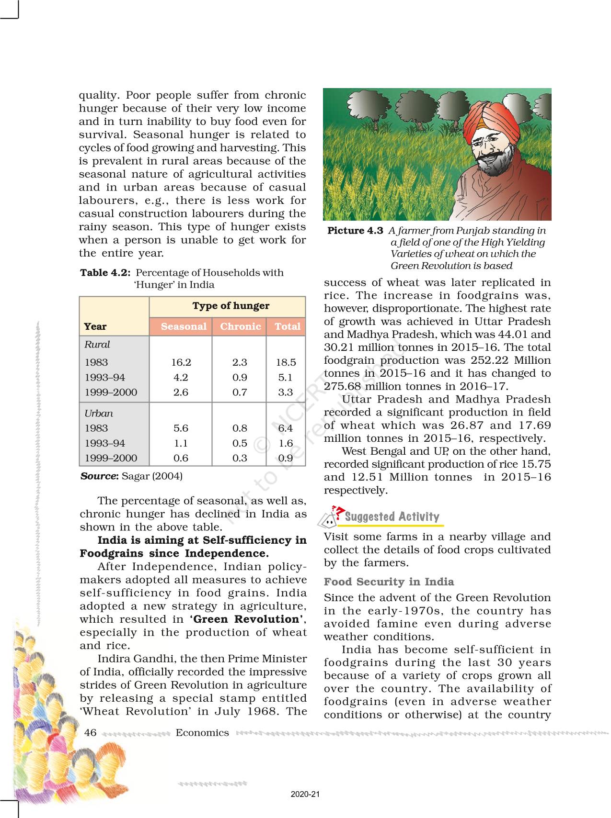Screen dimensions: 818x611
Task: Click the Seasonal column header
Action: pyautogui.click(x=184, y=326)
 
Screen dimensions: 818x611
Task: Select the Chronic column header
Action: pyautogui.click(x=240, y=326)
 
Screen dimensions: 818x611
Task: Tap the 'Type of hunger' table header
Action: pyautogui.click(x=231, y=306)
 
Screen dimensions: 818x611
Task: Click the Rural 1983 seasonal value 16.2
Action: pyautogui.click(x=181, y=362)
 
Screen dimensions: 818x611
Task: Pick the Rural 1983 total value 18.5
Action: pyautogui.click(x=286, y=362)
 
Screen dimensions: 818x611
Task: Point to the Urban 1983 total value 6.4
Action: pyautogui.click(x=285, y=428)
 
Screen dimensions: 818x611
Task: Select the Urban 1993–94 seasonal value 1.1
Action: pyautogui.click(x=181, y=443)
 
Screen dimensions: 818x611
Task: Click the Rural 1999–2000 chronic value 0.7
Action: pyautogui.click(x=240, y=392)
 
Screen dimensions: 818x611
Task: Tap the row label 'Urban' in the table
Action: pyautogui.click(x=99, y=414)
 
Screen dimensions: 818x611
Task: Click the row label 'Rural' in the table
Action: pyautogui.click(x=97, y=345)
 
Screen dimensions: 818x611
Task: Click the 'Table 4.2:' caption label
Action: pyautogui.click(x=105, y=273)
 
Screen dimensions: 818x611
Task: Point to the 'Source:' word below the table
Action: pyautogui.click(x=99, y=476)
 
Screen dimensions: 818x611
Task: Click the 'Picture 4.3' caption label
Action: pyautogui.click(x=355, y=231)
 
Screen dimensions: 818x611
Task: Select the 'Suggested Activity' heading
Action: pyautogui.click(x=392, y=517)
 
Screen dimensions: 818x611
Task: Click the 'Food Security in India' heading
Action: pyautogui.click(x=389, y=582)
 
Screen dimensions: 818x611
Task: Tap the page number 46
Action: pyautogui.click(x=90, y=732)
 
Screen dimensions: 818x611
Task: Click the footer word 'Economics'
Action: pyautogui.click(x=202, y=732)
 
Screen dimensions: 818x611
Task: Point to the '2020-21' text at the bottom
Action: pyautogui.click(x=305, y=794)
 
